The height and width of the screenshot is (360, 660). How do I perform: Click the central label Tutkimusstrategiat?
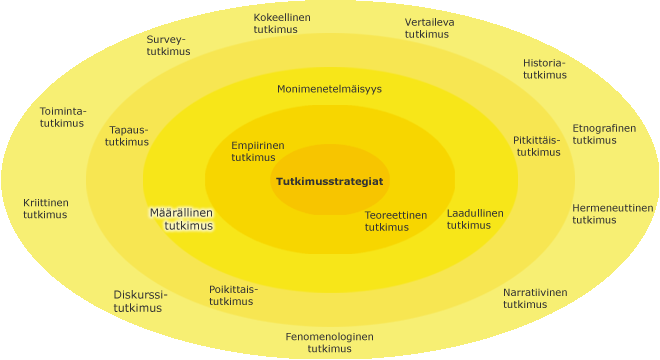pos(330,181)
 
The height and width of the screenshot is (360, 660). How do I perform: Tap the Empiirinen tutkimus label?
pos(258,151)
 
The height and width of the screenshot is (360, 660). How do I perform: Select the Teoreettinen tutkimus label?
pos(396,221)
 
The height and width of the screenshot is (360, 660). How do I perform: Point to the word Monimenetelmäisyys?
pos(329,89)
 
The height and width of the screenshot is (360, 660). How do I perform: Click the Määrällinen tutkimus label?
pos(181,219)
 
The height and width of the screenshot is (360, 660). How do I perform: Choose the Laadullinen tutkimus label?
pos(475,219)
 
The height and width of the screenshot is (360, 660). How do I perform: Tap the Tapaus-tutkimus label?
pos(127,136)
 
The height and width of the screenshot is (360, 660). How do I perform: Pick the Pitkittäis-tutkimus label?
pos(537,146)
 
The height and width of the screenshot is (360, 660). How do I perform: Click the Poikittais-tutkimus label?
pos(233,296)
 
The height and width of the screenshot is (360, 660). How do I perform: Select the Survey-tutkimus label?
pos(168,45)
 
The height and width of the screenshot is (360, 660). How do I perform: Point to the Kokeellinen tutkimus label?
pos(282,24)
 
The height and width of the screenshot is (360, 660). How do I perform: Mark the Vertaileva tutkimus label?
pos(429,28)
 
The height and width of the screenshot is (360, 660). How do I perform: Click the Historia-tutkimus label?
pos(545,69)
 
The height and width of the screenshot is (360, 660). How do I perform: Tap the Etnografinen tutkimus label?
pos(604,134)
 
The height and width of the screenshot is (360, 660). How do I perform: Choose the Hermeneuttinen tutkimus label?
pos(612,214)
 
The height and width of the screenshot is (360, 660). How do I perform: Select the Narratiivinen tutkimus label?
pos(535,298)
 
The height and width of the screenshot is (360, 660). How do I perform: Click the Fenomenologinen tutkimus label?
pos(330,342)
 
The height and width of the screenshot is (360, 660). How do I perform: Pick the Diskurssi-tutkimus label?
pos(140,301)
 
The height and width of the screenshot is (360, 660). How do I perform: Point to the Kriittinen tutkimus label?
pos(45,208)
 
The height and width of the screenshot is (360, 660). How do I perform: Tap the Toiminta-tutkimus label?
pos(63,117)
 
